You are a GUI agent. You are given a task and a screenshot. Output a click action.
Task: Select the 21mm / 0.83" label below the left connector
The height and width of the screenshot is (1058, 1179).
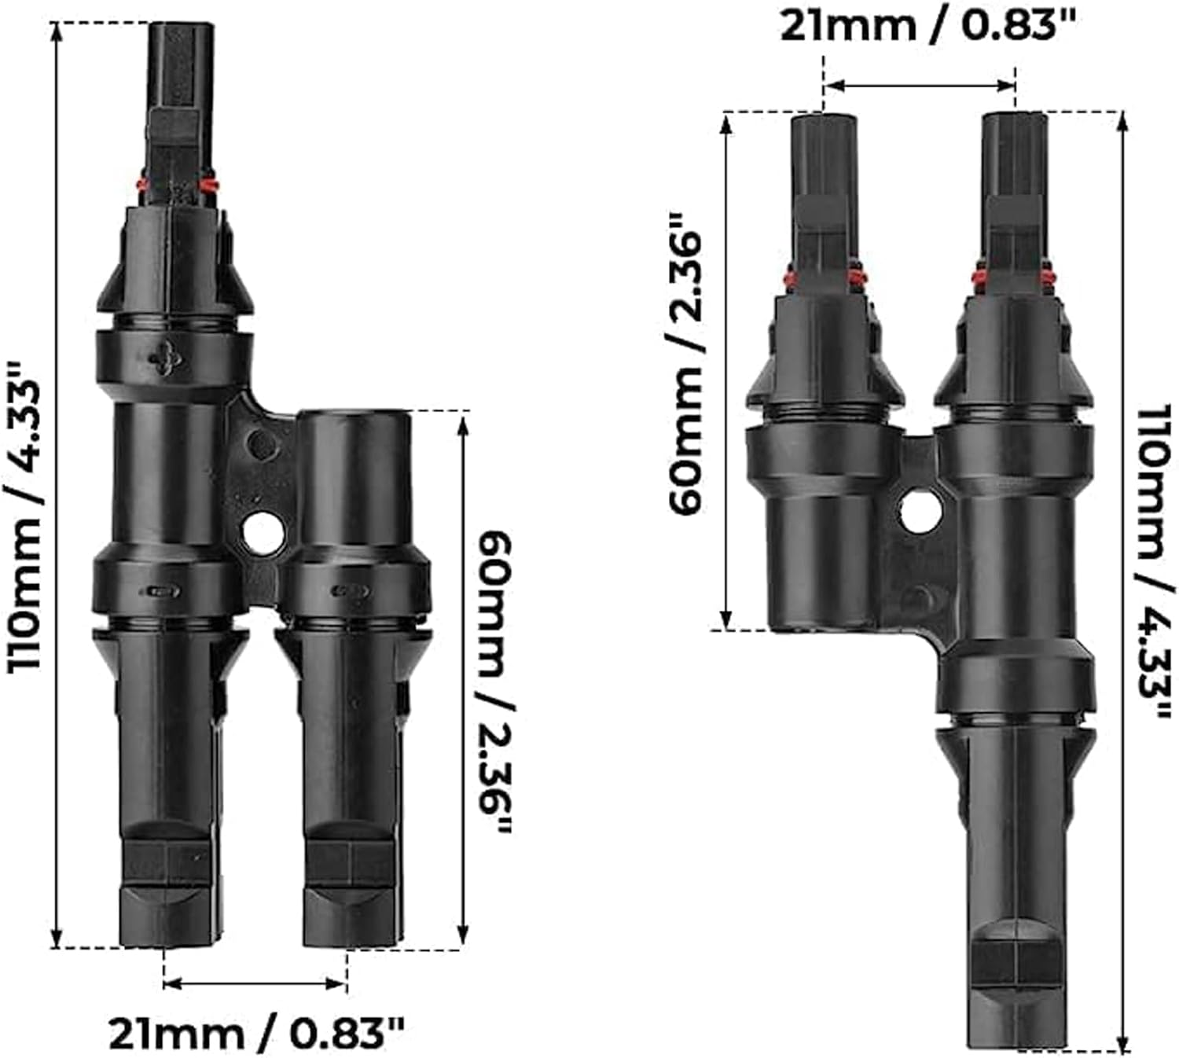pyautogui.click(x=256, y=1033)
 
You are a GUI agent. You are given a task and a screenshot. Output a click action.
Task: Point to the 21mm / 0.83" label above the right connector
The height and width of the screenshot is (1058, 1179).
pyautogui.click(x=927, y=27)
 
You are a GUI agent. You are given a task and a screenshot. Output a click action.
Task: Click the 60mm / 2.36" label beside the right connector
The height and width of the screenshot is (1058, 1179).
pyautogui.click(x=687, y=362)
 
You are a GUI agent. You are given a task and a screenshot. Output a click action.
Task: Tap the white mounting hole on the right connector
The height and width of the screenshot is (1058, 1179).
pyautogui.click(x=920, y=512)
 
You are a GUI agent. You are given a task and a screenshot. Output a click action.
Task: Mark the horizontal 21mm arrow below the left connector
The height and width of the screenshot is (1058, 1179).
pyautogui.click(x=255, y=983)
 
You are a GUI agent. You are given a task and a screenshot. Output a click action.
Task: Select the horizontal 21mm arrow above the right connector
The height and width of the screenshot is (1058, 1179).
pyautogui.click(x=920, y=85)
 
